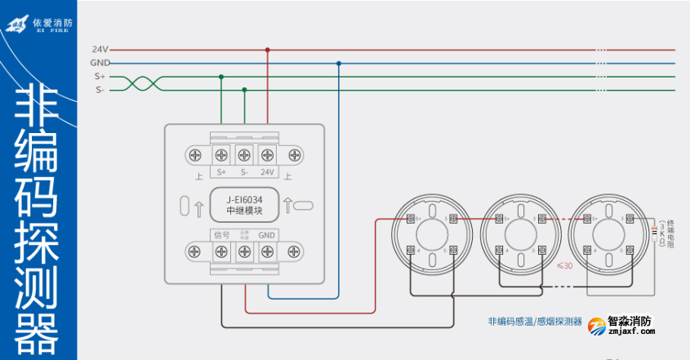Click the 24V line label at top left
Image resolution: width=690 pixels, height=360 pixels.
pos(100,49)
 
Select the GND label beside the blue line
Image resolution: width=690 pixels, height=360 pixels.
pos(100,63)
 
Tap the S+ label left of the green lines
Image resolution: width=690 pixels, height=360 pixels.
pos(100,77)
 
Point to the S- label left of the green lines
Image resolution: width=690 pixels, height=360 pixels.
pos(100,90)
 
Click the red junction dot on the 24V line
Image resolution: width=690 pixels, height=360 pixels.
pos(267,49)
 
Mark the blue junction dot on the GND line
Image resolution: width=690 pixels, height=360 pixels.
pos(339,63)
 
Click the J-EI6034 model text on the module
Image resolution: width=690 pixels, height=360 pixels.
pos(244,198)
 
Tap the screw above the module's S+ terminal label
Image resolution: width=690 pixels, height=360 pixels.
pos(220,154)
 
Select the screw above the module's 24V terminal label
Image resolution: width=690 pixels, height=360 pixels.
pos(267,154)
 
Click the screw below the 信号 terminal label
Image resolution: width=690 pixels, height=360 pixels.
pos(220,251)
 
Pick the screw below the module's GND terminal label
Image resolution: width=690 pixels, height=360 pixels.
pos(267,251)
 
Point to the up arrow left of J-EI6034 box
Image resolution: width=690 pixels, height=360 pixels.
pos(200,209)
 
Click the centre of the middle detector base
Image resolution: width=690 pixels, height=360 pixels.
pos(514,234)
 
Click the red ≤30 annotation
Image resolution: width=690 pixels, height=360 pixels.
pos(563,265)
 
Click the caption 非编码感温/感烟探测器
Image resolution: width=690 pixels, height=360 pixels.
pos(534,321)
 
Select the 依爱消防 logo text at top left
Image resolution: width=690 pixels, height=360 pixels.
pos(52,22)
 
